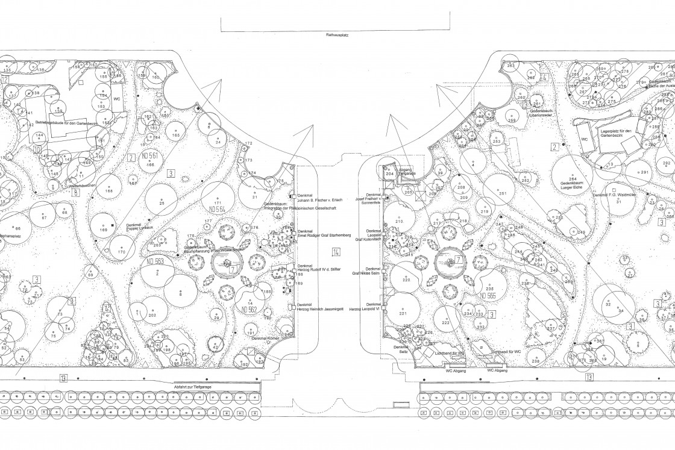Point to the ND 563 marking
click(x=154, y=261)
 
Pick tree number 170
click(x=122, y=252)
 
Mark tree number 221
click(x=403, y=313)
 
